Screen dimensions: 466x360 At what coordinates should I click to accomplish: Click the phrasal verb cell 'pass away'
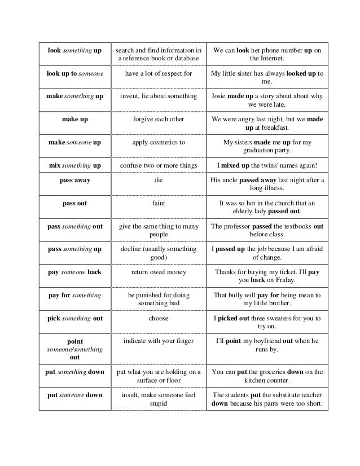[x=74, y=181]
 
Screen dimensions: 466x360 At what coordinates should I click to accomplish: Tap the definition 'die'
[x=159, y=181]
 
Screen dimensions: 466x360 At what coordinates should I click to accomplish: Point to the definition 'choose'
[x=159, y=318]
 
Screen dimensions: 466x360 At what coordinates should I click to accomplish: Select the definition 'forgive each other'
[x=159, y=119]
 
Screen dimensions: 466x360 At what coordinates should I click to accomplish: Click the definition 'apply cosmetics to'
[x=159, y=143]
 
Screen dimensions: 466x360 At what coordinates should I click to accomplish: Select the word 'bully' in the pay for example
[x=239, y=294]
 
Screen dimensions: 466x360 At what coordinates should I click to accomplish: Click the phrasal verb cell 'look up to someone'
[x=74, y=73]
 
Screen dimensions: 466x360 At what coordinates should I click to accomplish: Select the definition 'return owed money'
[x=159, y=272]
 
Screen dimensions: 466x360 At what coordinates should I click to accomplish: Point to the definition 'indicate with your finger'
[x=159, y=341]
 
